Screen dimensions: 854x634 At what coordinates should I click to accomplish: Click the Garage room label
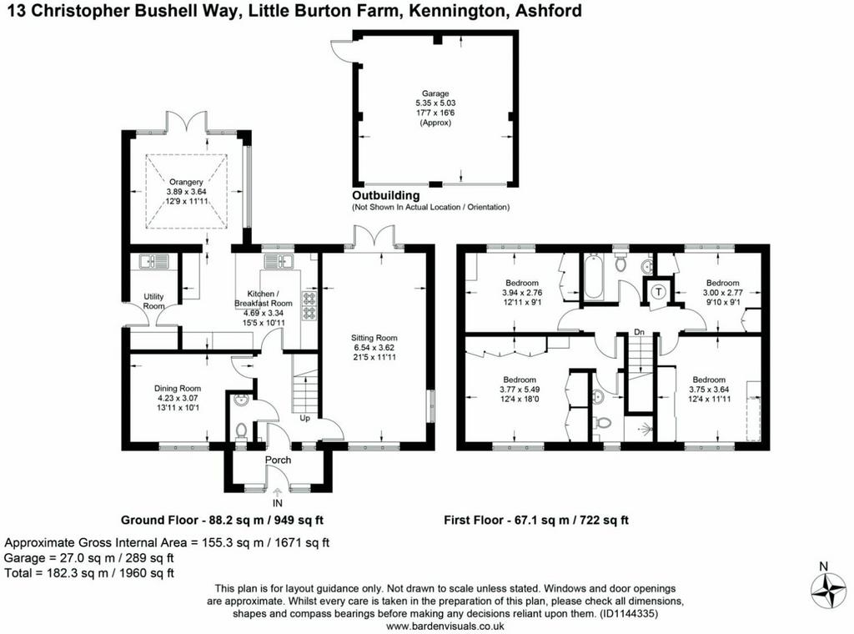pyautogui.click(x=435, y=93)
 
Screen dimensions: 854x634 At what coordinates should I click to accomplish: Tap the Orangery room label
pyautogui.click(x=186, y=182)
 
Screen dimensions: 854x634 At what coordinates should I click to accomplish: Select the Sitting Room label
pyautogui.click(x=374, y=338)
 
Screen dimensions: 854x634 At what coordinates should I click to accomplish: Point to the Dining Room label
pyautogui.click(x=178, y=389)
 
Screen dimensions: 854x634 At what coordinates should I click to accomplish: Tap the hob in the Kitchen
pyautogui.click(x=309, y=305)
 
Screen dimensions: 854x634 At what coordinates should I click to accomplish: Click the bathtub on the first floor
pyautogui.click(x=594, y=277)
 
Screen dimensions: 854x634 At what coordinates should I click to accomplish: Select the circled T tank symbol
pyautogui.click(x=659, y=292)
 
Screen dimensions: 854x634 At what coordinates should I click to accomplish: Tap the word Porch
pyautogui.click(x=278, y=460)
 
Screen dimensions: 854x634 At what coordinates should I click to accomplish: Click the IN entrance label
pyautogui.click(x=278, y=503)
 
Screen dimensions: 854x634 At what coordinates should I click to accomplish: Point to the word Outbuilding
pyautogui.click(x=385, y=195)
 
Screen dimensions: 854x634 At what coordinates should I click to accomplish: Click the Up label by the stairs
pyautogui.click(x=305, y=418)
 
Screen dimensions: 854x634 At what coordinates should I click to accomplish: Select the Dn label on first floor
pyautogui.click(x=639, y=332)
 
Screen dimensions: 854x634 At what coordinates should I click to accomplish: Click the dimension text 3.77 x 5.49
pyautogui.click(x=520, y=390)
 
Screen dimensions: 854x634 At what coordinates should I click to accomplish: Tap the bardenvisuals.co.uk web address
pyautogui.click(x=445, y=626)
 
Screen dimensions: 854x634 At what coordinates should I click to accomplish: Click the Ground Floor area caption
pyautogui.click(x=222, y=521)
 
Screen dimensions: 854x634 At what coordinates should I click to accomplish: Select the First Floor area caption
pyautogui.click(x=536, y=521)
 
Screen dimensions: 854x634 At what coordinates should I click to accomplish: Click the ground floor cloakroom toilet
pyautogui.click(x=241, y=430)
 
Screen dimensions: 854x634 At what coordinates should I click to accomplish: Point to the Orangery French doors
pyautogui.click(x=187, y=122)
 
